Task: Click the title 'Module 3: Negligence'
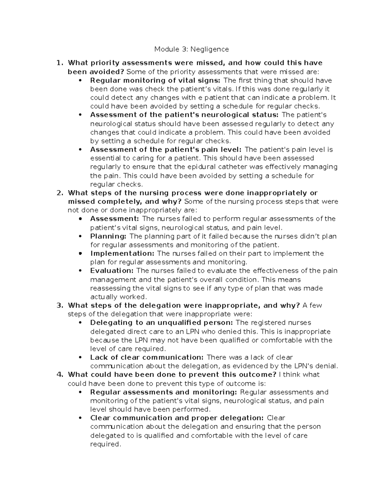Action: [x=192, y=49]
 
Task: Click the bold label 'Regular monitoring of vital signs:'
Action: [x=155, y=80]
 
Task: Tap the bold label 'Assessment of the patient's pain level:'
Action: [x=166, y=149]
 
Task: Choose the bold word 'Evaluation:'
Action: [x=112, y=271]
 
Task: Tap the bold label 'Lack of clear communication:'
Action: [x=147, y=357]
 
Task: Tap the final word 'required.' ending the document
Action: [x=106, y=444]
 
